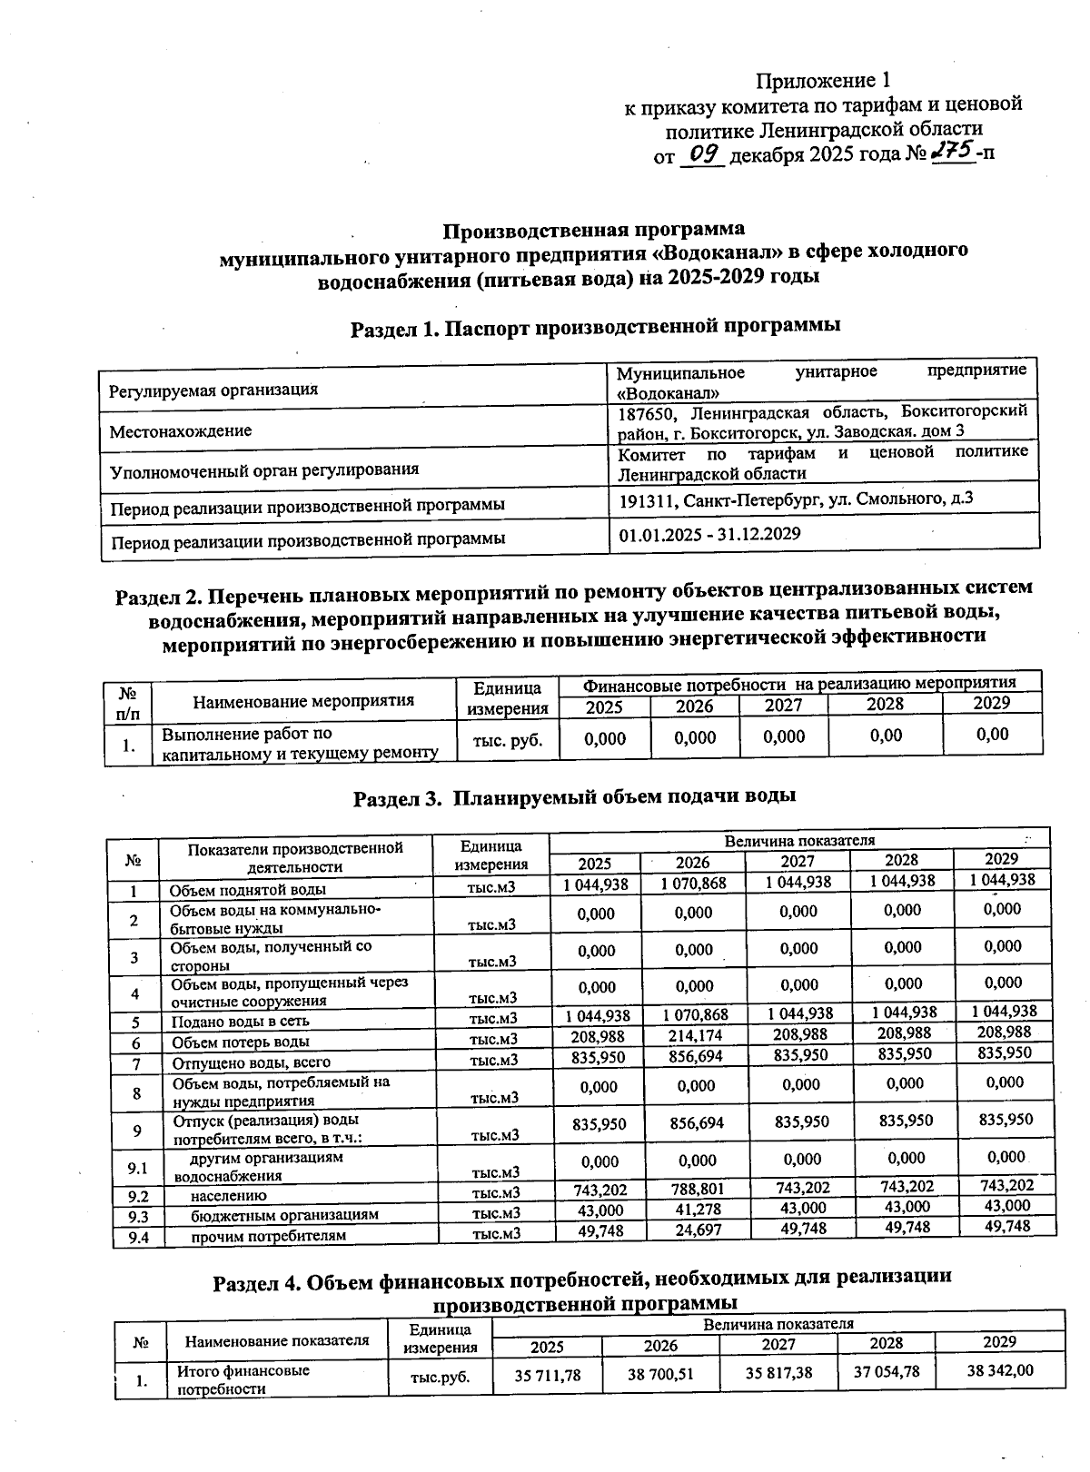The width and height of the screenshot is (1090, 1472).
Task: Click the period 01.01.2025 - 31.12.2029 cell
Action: (x=709, y=534)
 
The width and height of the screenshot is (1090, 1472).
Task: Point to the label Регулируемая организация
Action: (x=213, y=390)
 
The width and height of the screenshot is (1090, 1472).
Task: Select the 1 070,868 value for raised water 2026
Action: (x=694, y=883)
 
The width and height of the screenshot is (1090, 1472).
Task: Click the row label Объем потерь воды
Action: (x=241, y=1042)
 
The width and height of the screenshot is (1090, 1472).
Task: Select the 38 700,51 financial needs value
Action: (x=660, y=1375)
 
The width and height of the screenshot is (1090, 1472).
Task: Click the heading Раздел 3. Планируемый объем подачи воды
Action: (x=575, y=798)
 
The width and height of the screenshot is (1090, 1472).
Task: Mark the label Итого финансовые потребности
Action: (x=243, y=1379)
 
